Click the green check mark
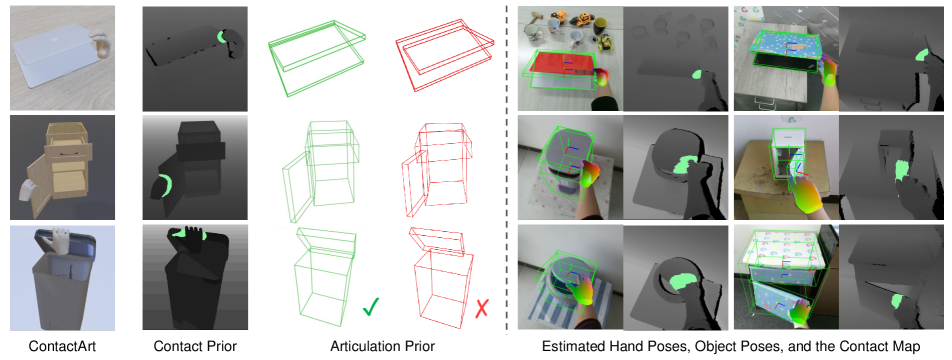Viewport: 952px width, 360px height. coord(371,308)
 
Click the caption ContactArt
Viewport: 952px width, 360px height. coord(62,347)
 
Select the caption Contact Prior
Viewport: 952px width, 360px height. coord(194,347)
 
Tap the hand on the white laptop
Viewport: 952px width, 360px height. coord(102,45)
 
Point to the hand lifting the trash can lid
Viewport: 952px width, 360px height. coord(61,239)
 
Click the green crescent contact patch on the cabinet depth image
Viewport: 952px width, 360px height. coord(162,185)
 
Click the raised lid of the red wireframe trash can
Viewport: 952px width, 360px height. coord(438,238)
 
